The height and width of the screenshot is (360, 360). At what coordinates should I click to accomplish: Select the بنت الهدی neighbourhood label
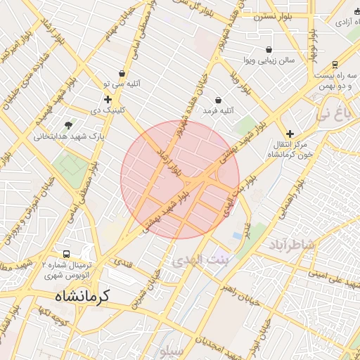click(198, 260)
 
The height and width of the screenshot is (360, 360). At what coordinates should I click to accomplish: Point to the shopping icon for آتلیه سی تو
click(122, 73)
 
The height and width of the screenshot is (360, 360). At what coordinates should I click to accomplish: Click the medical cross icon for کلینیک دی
click(107, 99)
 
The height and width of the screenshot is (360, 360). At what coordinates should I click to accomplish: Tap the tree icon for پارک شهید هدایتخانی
click(68, 125)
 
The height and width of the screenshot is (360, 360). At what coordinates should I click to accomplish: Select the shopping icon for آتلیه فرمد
click(218, 100)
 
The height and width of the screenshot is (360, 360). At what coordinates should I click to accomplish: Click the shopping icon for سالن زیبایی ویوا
click(270, 50)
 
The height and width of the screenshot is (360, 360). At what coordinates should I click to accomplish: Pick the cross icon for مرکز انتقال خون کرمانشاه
click(290, 133)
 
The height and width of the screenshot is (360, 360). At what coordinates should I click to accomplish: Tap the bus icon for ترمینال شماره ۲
click(66, 253)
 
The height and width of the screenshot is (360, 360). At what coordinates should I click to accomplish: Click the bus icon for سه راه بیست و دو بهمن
click(335, 63)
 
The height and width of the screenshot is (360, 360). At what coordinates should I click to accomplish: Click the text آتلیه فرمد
click(218, 111)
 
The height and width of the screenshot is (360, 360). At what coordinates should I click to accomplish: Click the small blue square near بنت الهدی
click(236, 235)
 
